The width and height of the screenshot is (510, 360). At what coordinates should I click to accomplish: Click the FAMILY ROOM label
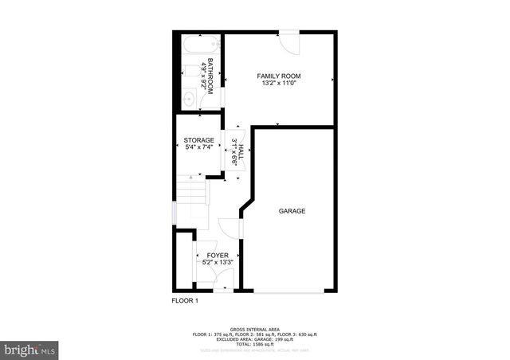pyautogui.click(x=279, y=76)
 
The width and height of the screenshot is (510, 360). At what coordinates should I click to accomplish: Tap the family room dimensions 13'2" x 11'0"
pyautogui.click(x=279, y=84)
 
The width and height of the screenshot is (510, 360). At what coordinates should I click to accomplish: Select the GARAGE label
pyautogui.click(x=292, y=211)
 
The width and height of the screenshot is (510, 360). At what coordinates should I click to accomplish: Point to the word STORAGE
pyautogui.click(x=199, y=140)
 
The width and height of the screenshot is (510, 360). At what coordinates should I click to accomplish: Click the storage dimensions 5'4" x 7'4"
pyautogui.click(x=199, y=147)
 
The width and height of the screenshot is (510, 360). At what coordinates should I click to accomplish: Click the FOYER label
pyautogui.click(x=217, y=255)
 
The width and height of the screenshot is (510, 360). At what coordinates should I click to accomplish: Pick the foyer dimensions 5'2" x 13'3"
pyautogui.click(x=217, y=262)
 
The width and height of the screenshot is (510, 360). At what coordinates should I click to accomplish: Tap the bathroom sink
pyautogui.click(x=188, y=99)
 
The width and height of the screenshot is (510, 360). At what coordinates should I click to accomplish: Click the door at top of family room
pyautogui.click(x=288, y=41)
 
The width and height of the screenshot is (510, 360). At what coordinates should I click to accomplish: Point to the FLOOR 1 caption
pyautogui.click(x=185, y=300)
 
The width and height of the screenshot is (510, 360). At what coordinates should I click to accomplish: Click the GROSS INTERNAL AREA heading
pyautogui.click(x=254, y=329)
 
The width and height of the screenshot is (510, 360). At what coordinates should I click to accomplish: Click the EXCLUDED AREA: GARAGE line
pyautogui.click(x=255, y=338)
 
